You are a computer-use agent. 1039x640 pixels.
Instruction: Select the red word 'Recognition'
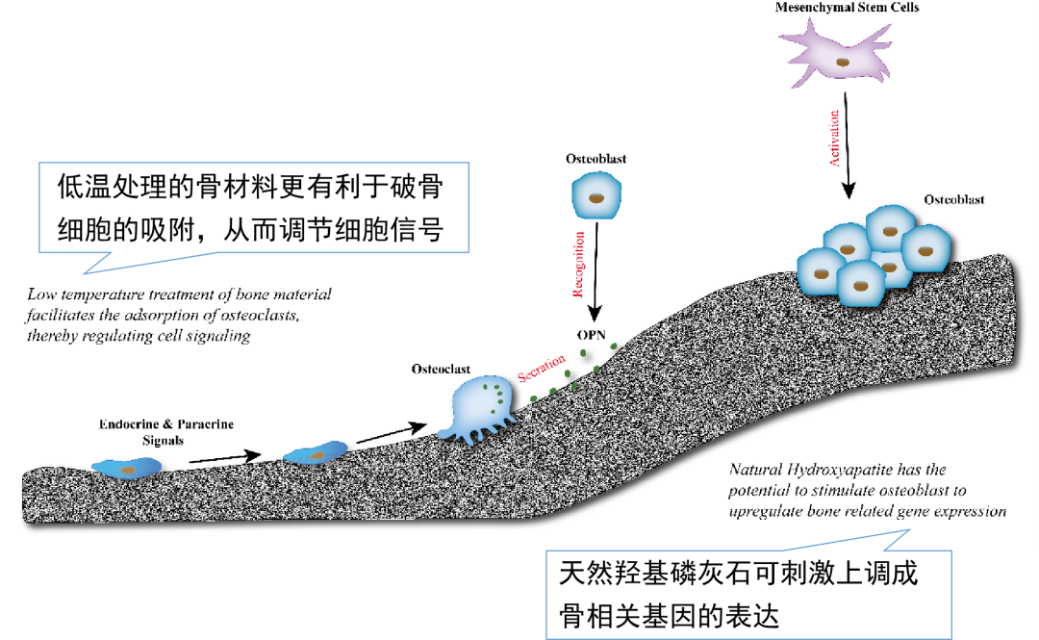pyautogui.click(x=579, y=263)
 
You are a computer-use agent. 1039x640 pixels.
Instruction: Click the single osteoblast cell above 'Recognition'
pyautogui.click(x=597, y=197)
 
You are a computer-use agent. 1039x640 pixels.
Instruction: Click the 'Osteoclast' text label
pyautogui.click(x=441, y=369)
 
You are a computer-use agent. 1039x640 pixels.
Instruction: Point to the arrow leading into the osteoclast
pyautogui.click(x=390, y=433)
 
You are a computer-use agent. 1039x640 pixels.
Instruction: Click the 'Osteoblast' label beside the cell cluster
pyautogui.click(x=954, y=199)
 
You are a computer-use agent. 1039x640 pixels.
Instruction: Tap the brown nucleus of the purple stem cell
pyautogui.click(x=843, y=62)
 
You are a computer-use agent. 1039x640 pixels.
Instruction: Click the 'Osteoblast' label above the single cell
pyautogui.click(x=596, y=158)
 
